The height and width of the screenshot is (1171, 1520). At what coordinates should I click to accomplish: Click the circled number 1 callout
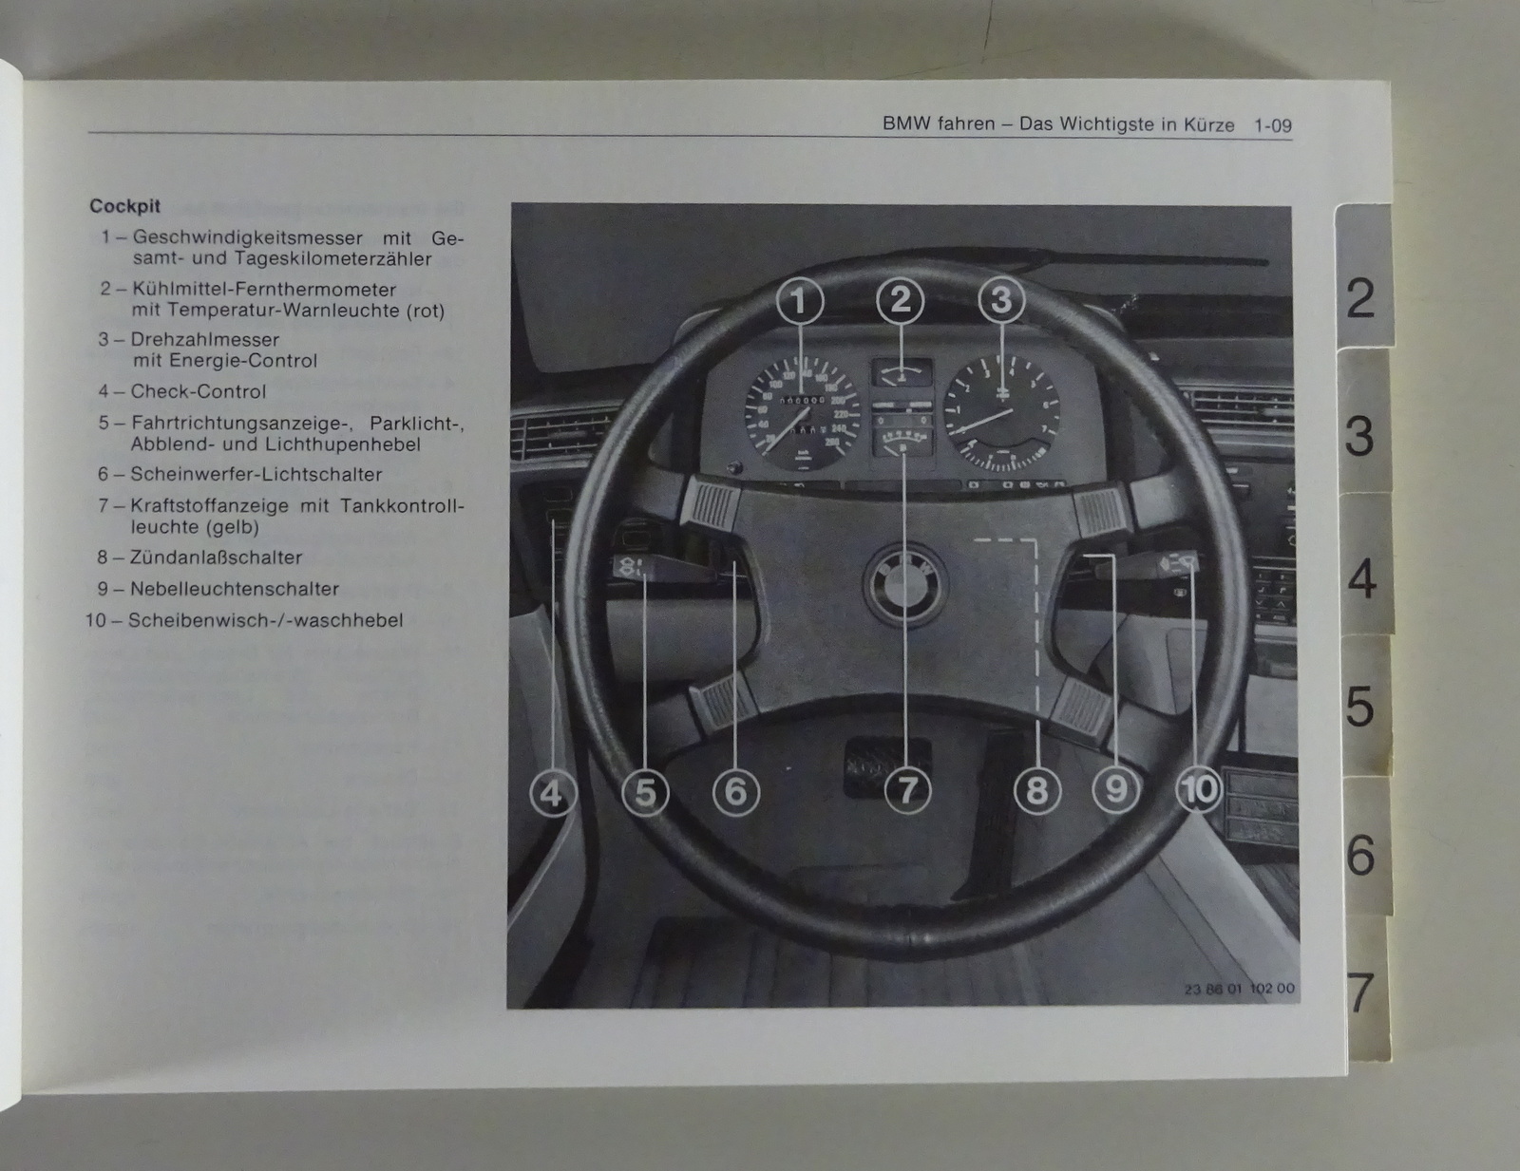tap(800, 301)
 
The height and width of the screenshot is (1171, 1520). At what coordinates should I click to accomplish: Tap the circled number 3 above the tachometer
tap(1001, 299)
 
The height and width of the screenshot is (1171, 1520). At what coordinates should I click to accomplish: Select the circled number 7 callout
tap(907, 791)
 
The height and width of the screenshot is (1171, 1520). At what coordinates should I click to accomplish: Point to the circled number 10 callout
tap(1198, 789)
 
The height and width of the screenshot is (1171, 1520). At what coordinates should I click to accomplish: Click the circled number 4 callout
tap(553, 793)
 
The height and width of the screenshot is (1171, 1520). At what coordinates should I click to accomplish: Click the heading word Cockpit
tap(124, 206)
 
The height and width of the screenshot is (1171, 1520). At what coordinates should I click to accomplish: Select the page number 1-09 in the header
tap(1272, 126)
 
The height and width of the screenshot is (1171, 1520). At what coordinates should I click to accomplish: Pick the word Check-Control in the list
tap(198, 391)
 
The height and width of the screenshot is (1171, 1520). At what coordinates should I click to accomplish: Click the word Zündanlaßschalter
tap(217, 557)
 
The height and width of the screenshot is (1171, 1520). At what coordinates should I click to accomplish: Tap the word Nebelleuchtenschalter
tap(235, 589)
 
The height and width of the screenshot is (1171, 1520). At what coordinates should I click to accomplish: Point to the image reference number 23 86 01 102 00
tap(1239, 989)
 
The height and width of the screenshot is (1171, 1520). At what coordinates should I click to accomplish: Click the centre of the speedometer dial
tap(802, 413)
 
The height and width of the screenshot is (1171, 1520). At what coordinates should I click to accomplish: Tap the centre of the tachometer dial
tap(1001, 412)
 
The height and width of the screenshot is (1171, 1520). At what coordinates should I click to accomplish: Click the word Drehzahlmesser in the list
tap(204, 340)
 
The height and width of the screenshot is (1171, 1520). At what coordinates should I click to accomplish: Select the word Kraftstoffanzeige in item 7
tap(209, 505)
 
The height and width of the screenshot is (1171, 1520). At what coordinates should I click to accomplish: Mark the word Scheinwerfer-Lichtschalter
tap(256, 474)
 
